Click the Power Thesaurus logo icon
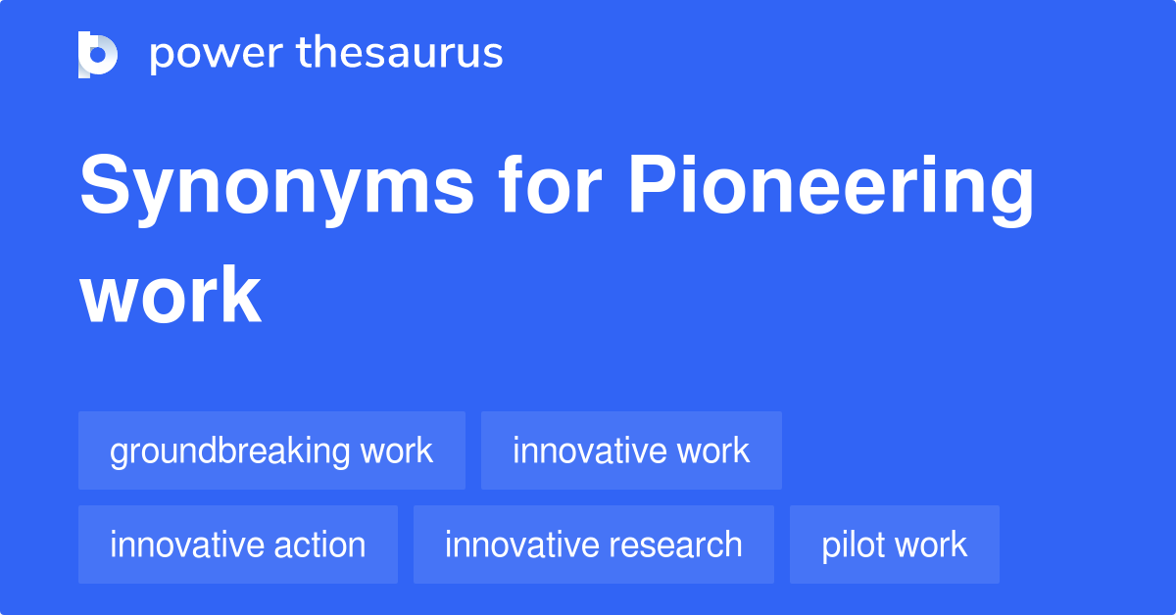pos(98,55)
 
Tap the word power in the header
pos(217,54)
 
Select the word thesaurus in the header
pos(400,52)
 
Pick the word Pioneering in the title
pos(831,189)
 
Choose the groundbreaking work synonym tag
pos(272,450)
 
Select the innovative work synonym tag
pos(631,450)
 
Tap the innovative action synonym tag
pos(238,544)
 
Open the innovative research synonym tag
pos(594,544)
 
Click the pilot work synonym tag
pos(895,544)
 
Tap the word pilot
pos(853,545)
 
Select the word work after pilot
pos(931,544)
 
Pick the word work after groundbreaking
pos(397,450)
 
